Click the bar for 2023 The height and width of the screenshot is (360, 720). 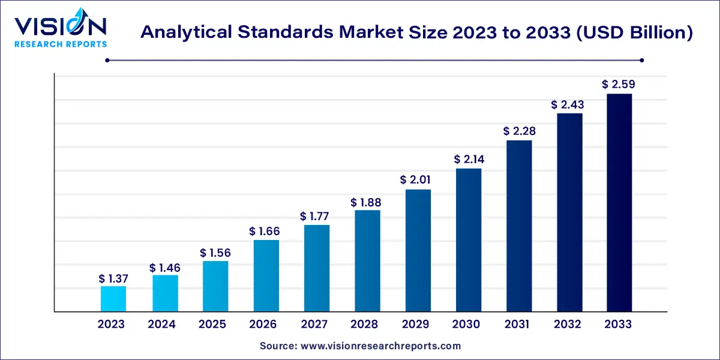point(113,299)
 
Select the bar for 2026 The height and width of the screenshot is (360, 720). point(266,275)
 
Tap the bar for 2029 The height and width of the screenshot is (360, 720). point(418,250)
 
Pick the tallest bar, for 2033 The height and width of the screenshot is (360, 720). point(619,202)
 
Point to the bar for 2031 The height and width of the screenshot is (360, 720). point(519,226)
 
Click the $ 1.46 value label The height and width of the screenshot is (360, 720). point(165,267)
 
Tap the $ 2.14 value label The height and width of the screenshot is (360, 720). point(469,160)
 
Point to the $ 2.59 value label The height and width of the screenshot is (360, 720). point(619,85)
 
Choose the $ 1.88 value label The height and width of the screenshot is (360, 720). point(366,202)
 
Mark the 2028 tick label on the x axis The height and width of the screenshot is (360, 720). point(365,325)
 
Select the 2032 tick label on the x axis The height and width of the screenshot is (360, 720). point(568,325)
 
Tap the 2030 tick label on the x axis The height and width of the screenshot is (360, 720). point(466,325)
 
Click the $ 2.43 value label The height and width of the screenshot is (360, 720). point(568,104)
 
